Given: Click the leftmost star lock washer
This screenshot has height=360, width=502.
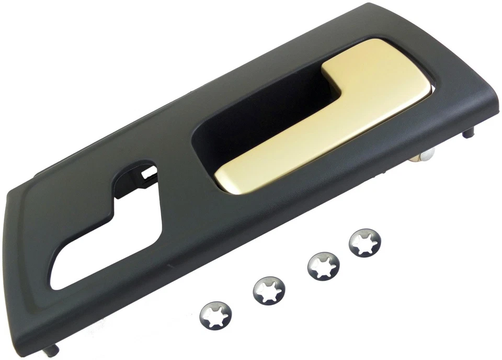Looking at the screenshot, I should [x=216, y=314].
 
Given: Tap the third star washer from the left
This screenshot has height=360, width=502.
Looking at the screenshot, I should [x=323, y=265].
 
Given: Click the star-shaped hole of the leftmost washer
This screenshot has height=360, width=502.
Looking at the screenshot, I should [x=216, y=315].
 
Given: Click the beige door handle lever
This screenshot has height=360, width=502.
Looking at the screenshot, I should [x=324, y=120].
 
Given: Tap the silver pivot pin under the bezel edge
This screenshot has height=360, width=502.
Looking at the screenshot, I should [x=427, y=156].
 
